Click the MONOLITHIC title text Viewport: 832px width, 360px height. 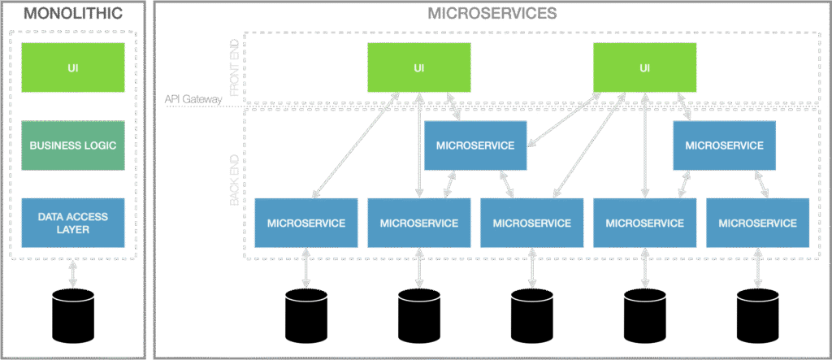click(x=74, y=13)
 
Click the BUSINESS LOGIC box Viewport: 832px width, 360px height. click(x=73, y=146)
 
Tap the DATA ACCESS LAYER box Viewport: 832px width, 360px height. click(x=73, y=223)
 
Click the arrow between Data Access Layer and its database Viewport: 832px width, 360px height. click(x=73, y=272)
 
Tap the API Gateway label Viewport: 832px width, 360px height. click(x=193, y=100)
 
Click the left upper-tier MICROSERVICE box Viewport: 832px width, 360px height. click(x=475, y=146)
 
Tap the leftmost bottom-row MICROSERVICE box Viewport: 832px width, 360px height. click(x=305, y=223)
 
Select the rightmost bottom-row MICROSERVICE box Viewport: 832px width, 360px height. click(x=757, y=223)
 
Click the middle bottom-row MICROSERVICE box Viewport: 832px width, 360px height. click(x=531, y=223)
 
